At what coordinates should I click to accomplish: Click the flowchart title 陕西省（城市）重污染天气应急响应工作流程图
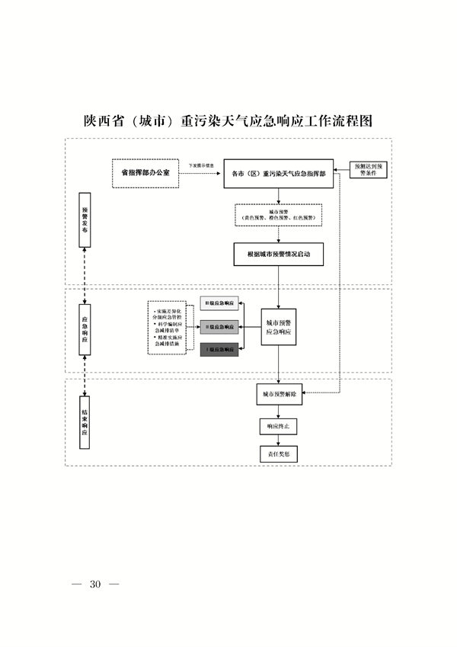[228, 121]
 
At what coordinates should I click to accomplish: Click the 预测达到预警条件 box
[371, 169]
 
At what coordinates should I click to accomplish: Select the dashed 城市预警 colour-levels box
[278, 215]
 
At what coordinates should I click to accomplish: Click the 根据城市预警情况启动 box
[278, 254]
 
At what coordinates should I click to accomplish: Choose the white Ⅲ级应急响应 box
[219, 303]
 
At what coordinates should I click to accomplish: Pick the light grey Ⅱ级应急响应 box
[219, 326]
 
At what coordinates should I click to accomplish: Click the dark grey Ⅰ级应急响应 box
[219, 351]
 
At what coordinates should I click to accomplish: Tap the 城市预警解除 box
[279, 395]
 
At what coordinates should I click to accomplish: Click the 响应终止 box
[278, 426]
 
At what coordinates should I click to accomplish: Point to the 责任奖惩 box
[278, 454]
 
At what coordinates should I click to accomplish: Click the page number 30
[95, 585]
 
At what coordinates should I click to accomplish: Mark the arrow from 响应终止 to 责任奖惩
[278, 440]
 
